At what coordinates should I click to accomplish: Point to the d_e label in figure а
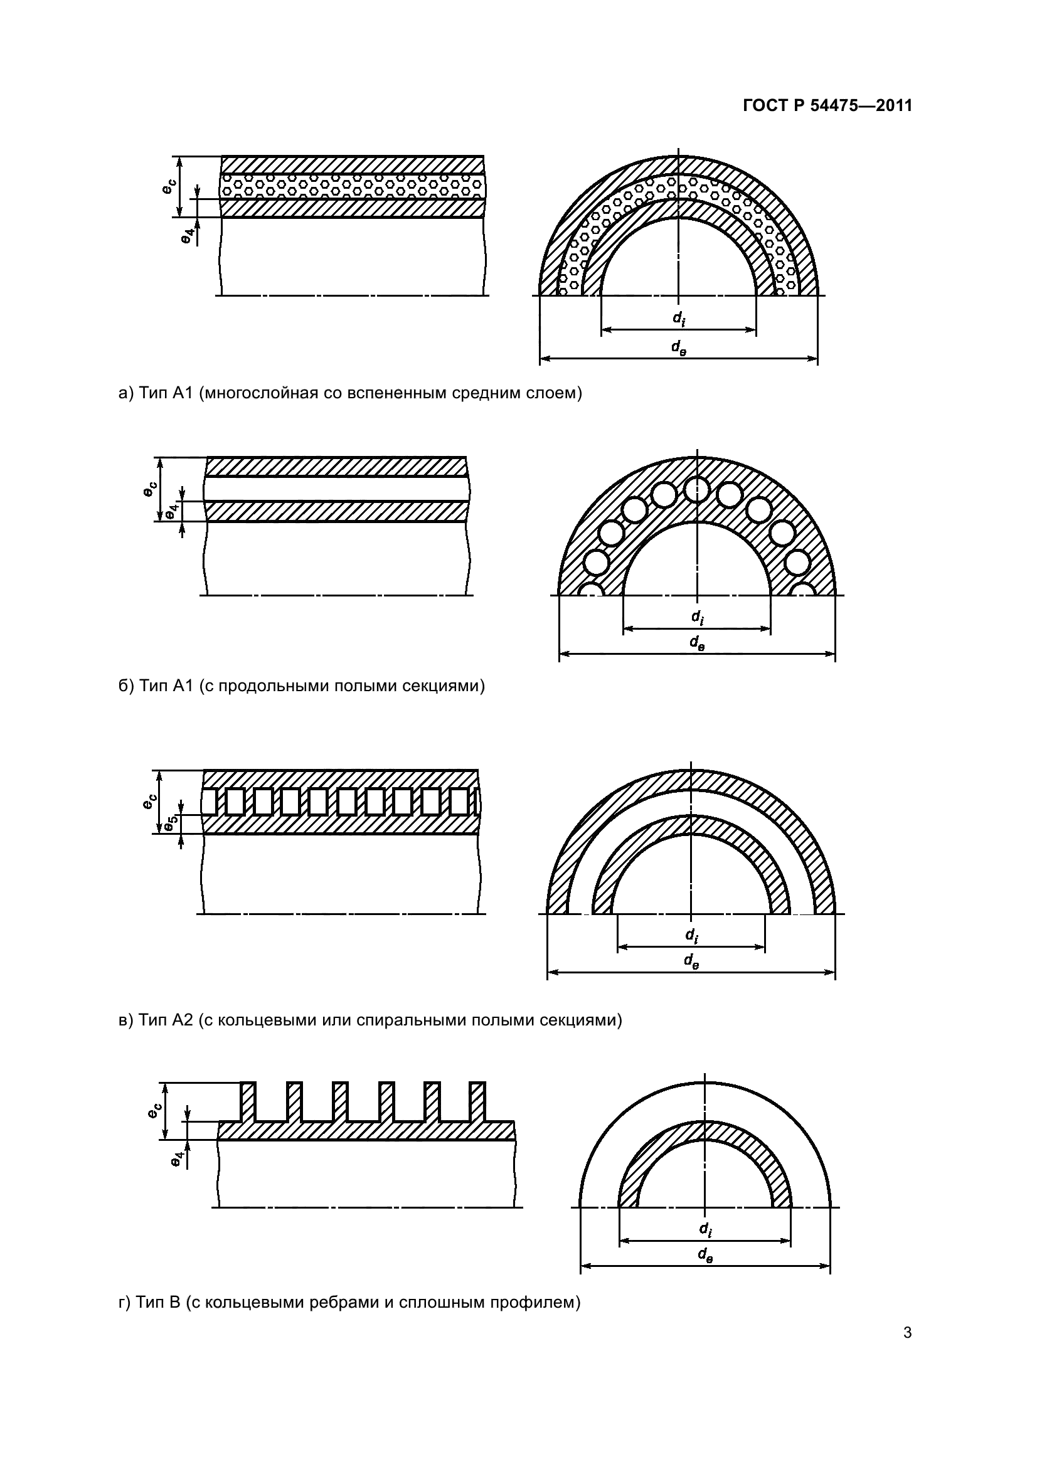(x=679, y=347)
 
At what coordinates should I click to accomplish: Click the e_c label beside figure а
(x=168, y=186)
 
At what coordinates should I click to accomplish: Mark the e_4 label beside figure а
(x=186, y=236)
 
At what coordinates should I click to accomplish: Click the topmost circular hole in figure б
(x=696, y=490)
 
